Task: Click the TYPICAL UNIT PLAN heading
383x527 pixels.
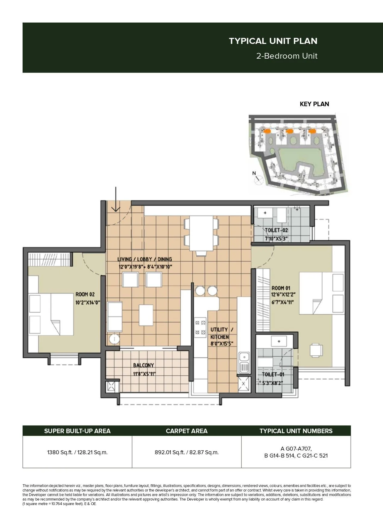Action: pyautogui.click(x=273, y=41)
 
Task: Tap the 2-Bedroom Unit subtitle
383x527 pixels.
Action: pyautogui.click(x=287, y=56)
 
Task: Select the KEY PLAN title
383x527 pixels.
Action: pyautogui.click(x=314, y=104)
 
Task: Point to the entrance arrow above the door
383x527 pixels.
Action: pyautogui.click(x=116, y=199)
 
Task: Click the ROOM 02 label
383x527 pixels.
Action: pyautogui.click(x=85, y=294)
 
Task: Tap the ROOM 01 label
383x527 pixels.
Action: pyautogui.click(x=281, y=288)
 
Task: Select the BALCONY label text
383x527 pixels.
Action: pyautogui.click(x=144, y=365)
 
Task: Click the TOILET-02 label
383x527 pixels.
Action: pyautogui.click(x=276, y=230)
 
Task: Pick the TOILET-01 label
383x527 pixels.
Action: pyautogui.click(x=273, y=374)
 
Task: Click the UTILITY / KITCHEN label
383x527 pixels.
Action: pyautogui.click(x=220, y=333)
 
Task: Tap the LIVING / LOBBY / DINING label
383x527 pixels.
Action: pyautogui.click(x=145, y=259)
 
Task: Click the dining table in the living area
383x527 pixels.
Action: pyautogui.click(x=201, y=233)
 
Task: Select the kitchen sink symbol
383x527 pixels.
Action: pyautogui.click(x=244, y=362)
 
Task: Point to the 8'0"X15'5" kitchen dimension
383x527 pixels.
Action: pyautogui.click(x=222, y=344)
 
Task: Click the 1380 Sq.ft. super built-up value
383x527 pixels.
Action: pyautogui.click(x=77, y=452)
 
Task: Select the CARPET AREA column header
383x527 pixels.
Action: pyautogui.click(x=186, y=431)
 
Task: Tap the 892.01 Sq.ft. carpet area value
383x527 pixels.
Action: pyautogui.click(x=186, y=452)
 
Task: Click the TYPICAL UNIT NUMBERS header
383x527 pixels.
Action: pyautogui.click(x=296, y=431)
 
